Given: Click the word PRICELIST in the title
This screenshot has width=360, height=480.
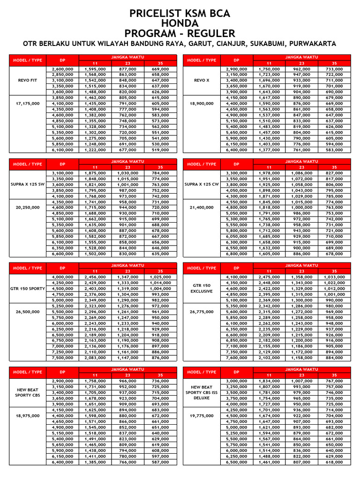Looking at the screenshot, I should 156,14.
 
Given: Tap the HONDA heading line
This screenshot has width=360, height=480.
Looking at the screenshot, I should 180,23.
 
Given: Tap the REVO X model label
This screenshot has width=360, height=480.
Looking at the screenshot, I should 201,80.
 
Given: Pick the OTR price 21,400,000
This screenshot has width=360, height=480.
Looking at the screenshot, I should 201,207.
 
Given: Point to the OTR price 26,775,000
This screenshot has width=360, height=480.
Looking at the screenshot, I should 201,311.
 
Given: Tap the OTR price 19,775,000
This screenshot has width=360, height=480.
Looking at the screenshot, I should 201,415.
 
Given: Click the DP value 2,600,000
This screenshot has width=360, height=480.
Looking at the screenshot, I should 62,69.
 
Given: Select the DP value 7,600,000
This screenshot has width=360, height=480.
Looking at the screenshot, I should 237,358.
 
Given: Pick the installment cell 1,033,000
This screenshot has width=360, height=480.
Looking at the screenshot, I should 334,277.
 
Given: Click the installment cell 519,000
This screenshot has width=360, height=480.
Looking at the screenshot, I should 160,150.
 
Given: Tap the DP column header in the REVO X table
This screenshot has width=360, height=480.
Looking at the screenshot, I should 237,60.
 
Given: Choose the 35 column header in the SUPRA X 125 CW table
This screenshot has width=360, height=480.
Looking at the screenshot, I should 334,167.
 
